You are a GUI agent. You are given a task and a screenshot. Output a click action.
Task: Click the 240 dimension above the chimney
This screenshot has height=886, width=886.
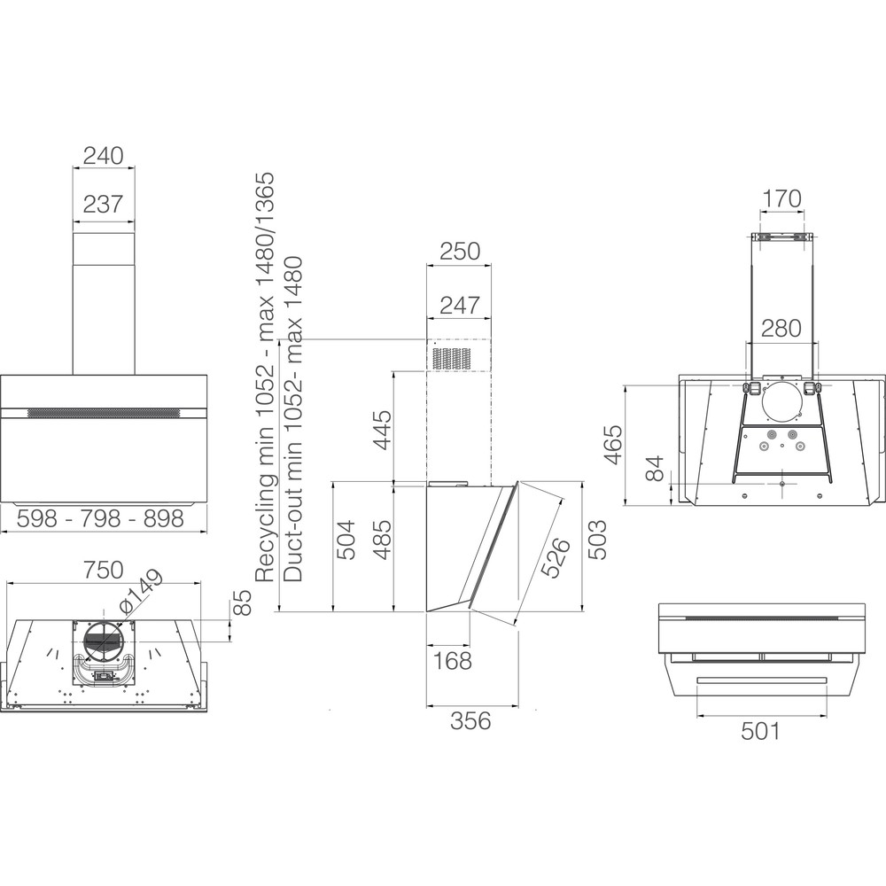(x=103, y=155)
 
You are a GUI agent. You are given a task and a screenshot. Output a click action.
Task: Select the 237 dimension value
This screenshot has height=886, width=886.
(x=103, y=204)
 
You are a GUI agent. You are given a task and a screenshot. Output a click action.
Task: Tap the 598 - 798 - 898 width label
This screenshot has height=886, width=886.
(x=101, y=518)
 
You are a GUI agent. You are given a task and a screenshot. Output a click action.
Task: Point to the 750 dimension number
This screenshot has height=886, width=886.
(x=103, y=570)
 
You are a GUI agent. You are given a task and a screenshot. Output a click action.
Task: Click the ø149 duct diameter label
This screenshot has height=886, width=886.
(x=141, y=590)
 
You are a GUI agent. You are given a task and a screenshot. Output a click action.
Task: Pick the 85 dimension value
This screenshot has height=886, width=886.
(x=241, y=602)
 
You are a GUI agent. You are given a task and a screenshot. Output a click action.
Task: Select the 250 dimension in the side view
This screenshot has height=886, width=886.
(x=460, y=252)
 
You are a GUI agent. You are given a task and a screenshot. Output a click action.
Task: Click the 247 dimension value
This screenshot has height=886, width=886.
(x=460, y=306)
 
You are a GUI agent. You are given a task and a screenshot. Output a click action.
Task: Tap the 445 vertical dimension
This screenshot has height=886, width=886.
(x=383, y=430)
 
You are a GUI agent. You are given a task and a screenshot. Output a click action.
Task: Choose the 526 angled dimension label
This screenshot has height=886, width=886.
(x=555, y=557)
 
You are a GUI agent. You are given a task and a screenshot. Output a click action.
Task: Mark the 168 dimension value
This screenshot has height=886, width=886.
(x=452, y=661)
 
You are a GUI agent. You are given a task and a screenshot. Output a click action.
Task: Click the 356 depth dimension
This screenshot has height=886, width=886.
(x=471, y=720)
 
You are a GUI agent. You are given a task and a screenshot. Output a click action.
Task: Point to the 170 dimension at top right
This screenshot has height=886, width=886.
(x=782, y=198)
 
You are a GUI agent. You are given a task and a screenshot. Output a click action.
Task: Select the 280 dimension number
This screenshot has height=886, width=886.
(x=781, y=328)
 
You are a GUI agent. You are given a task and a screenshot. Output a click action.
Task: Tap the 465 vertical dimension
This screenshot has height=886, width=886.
(x=614, y=444)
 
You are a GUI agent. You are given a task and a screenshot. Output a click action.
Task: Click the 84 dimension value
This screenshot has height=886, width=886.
(x=656, y=468)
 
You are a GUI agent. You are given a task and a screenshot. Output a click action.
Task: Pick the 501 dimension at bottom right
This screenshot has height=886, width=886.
(x=760, y=731)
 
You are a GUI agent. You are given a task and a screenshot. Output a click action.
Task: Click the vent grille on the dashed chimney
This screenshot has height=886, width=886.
(x=452, y=358)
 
